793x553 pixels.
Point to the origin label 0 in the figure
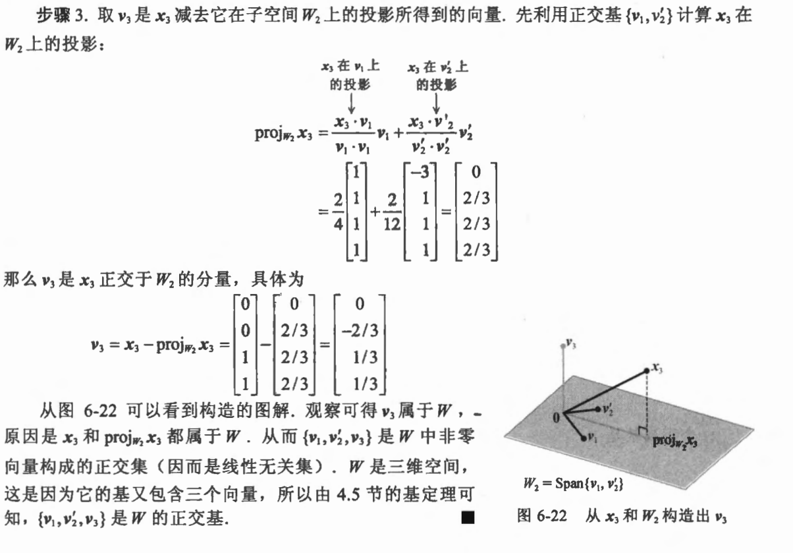tap(555, 417)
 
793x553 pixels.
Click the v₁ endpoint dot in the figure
tap(583, 437)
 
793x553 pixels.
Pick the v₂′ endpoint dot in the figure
tap(597, 409)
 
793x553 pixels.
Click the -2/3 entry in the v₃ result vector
tap(359, 330)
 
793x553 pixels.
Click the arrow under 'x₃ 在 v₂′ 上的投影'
tap(436, 103)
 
